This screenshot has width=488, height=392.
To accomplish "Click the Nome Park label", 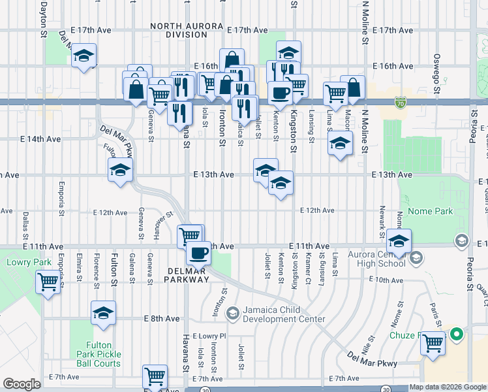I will click(430, 212).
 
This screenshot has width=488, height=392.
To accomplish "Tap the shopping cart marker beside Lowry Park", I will click(48, 283).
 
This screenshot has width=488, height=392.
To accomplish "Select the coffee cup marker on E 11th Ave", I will click(198, 252).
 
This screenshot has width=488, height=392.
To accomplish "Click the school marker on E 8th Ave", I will click(103, 314).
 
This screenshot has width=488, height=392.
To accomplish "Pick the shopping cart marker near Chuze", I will click(433, 342).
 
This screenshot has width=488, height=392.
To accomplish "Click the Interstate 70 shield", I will click(400, 103).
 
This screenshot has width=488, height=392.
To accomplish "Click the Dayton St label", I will click(43, 16).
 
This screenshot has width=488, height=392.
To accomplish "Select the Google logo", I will click(22, 384).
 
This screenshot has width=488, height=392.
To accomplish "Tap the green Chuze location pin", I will click(457, 336).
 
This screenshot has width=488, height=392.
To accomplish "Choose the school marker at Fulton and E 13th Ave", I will click(121, 171).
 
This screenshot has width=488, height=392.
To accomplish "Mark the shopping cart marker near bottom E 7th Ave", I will click(155, 376).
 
